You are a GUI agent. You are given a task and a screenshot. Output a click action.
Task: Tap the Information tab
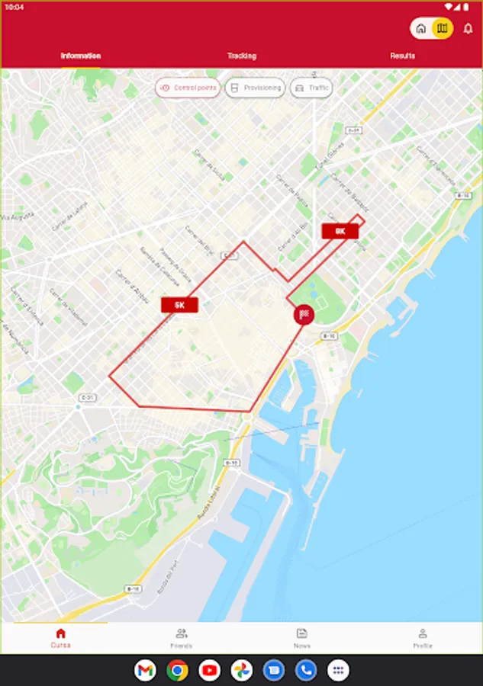tap(81, 56)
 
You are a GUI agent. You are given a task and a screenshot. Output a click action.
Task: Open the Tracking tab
tap(241, 56)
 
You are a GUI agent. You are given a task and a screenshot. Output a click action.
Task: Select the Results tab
tap(402, 56)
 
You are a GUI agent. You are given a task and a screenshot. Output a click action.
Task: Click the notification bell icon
tap(469, 29)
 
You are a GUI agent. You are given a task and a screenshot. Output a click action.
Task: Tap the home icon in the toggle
tap(421, 29)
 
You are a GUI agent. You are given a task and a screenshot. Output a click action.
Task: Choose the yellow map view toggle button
tap(442, 29)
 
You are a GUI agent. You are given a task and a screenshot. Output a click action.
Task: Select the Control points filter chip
tap(188, 88)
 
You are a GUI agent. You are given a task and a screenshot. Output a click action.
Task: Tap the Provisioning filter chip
tap(256, 88)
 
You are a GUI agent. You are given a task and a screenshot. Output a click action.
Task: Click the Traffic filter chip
tap(311, 88)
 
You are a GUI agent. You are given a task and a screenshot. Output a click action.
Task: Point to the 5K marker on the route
tap(179, 305)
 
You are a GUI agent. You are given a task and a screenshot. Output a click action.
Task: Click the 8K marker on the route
tap(340, 231)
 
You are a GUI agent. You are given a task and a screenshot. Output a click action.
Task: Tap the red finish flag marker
tap(304, 314)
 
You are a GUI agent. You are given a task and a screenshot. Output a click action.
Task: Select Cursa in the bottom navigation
tap(61, 638)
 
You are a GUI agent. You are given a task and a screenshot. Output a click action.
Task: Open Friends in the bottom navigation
tap(182, 638)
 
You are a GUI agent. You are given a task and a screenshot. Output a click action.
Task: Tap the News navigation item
tap(302, 638)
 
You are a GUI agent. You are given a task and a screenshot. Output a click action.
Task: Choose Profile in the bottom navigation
tap(423, 638)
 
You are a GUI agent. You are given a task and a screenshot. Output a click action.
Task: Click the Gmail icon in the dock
tap(145, 670)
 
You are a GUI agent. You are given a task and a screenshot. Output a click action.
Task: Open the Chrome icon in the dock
tap(177, 670)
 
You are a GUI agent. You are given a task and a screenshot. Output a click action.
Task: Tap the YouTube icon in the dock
tap(209, 670)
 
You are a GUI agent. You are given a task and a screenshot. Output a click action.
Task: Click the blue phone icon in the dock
tap(305, 670)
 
